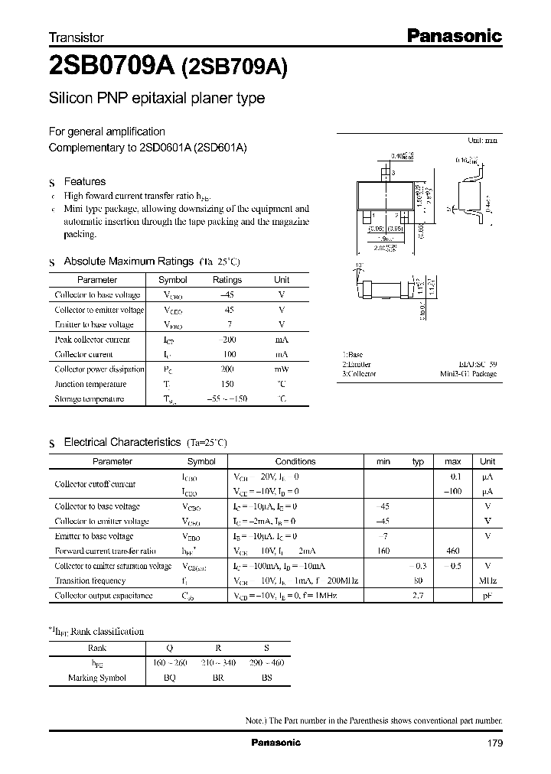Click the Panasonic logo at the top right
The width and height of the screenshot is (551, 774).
(452, 35)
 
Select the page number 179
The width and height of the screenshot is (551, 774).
(494, 743)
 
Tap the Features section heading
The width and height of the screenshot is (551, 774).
(84, 181)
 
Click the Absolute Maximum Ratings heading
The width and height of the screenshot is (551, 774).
(128, 262)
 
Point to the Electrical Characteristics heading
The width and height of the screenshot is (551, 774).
(122, 442)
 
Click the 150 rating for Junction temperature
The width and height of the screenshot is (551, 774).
(227, 384)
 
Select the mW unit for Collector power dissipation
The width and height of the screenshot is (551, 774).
(282, 369)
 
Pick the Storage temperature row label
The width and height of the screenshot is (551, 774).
(89, 398)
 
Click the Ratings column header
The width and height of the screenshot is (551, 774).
(227, 280)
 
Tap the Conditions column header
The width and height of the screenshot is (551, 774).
(295, 461)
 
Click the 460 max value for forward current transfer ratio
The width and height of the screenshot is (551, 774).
(452, 550)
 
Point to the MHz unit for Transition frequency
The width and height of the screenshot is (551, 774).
(487, 580)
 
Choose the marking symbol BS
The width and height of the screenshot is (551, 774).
(266, 678)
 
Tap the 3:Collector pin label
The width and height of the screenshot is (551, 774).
(359, 374)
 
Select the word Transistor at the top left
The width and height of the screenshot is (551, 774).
(77, 37)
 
